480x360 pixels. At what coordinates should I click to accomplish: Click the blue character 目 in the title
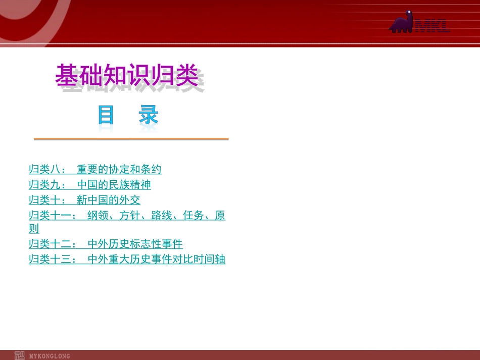[x=106, y=116]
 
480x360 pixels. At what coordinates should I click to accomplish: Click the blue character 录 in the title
[x=149, y=116]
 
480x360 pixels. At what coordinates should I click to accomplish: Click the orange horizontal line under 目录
[x=131, y=139]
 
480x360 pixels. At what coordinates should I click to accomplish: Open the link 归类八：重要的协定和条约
[x=95, y=169]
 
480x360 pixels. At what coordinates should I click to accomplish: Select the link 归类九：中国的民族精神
[x=89, y=185]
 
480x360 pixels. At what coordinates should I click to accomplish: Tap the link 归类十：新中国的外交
[x=84, y=200]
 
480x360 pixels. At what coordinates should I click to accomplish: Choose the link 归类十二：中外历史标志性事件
[x=106, y=244]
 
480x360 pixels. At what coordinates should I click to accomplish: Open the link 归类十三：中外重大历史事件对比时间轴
[x=127, y=260]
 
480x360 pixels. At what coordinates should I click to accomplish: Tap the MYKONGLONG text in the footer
[x=50, y=356]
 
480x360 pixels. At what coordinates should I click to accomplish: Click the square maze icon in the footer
[x=19, y=355]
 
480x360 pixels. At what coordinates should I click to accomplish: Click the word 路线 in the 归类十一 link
[x=162, y=216]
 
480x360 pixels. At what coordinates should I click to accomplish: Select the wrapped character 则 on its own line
[x=34, y=229]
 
